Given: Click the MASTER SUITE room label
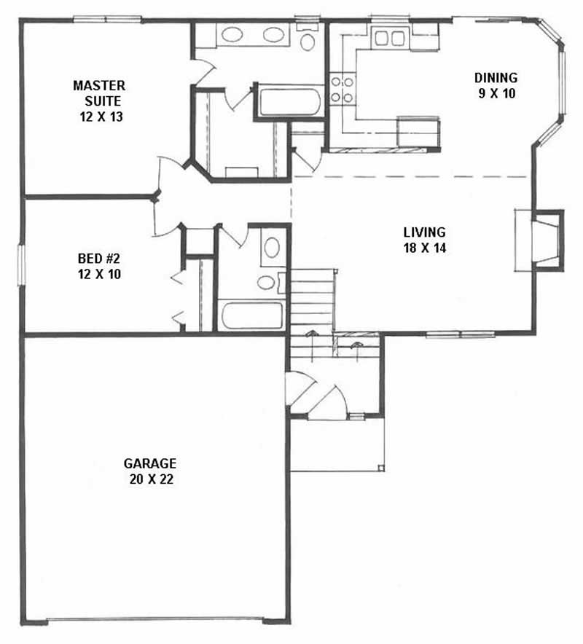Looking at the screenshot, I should pos(99,93).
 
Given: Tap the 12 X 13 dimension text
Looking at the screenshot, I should pos(99,116).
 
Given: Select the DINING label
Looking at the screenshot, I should pos(496,77).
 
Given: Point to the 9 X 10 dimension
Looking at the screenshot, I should pos(496,93).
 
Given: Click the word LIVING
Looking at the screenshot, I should pos(424,232).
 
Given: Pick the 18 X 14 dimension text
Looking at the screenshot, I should pos(424,248).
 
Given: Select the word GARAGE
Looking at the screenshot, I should pos(150,463).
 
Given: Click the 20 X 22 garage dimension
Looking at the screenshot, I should pos(150,479).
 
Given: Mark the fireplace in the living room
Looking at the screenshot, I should pos(543,240).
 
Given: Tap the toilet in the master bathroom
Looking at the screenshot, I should pos(308,39).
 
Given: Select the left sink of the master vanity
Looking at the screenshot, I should pos(232,34).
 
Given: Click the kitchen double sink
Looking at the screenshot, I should pos(390,38).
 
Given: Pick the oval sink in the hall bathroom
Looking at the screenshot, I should pos(271,248).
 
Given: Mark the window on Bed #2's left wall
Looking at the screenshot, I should pos(22,264).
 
